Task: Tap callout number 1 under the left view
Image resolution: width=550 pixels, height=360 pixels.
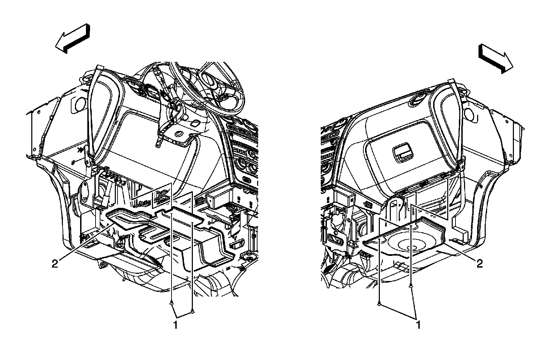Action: point(175,325)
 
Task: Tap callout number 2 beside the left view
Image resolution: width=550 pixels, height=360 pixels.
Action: point(55,264)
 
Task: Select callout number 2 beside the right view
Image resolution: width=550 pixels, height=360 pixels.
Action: point(480,264)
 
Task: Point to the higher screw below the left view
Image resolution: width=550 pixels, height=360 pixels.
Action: point(171,303)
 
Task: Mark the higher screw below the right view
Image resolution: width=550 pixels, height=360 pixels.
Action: point(410,286)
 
